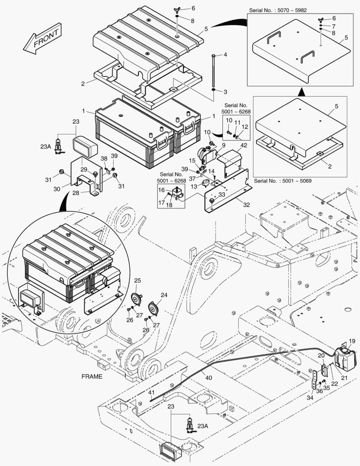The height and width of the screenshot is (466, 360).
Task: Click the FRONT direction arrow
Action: point(42,39)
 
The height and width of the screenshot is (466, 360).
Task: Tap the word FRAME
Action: point(92,376)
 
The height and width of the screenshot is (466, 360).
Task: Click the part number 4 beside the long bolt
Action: point(225,55)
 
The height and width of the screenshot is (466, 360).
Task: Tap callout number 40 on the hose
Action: point(208,378)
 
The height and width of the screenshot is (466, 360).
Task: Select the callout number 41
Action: point(151,392)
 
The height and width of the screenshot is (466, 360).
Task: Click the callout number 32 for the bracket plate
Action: point(246,205)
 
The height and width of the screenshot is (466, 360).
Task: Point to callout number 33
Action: point(222,195)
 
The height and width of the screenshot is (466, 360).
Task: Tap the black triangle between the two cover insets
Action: point(302,92)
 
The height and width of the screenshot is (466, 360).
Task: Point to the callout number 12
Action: point(245,127)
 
